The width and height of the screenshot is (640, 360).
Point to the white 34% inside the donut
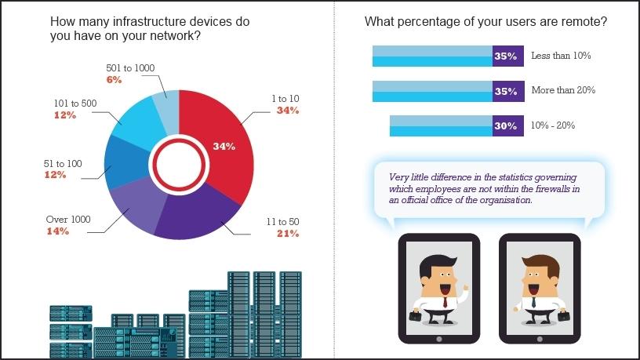click(224, 146)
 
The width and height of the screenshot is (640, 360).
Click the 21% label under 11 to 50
click(288, 234)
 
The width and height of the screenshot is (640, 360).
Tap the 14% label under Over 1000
click(58, 231)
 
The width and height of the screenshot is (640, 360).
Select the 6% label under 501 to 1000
click(114, 79)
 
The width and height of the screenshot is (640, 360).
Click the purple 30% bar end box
click(506, 125)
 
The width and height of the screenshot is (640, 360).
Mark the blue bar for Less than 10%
click(432, 56)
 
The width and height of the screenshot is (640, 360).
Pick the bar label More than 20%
click(563, 90)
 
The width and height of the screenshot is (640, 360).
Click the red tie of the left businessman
click(443, 302)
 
